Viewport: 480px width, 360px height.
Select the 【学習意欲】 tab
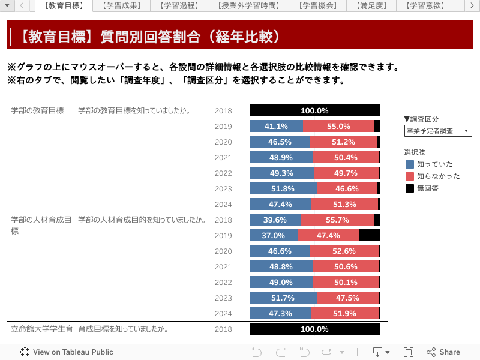[424, 5]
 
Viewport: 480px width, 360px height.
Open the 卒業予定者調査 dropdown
[438, 131]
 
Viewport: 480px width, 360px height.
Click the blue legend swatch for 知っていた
[410, 164]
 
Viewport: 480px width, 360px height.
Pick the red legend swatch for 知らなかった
[410, 176]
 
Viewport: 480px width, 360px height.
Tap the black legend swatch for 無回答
[410, 188]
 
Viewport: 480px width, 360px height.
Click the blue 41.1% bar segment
[276, 126]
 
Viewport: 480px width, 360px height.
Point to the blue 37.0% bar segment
[273, 235]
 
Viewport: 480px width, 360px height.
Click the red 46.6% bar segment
[347, 188]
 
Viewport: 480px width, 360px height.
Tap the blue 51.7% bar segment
[283, 298]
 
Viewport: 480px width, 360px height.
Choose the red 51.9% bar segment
[345, 313]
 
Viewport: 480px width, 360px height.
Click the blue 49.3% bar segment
[281, 173]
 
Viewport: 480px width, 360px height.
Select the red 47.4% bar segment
[328, 235]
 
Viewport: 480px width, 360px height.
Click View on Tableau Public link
[67, 352]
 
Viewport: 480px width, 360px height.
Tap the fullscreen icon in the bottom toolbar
[409, 352]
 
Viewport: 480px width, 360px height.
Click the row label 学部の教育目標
[37, 110]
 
